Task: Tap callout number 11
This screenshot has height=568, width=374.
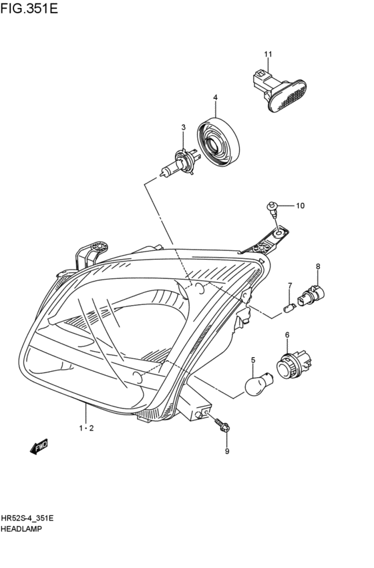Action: coord(268,54)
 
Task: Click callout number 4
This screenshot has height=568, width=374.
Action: coord(215,98)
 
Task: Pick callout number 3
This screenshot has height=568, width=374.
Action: coord(182,127)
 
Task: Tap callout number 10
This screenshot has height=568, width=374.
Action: coord(300,206)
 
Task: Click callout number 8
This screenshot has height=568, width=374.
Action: coord(318,266)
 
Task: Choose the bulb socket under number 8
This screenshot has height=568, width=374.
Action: coord(315,294)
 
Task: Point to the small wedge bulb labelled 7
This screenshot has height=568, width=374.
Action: coord(290,308)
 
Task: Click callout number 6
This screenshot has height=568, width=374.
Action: coord(287,335)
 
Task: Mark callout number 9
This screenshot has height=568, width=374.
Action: coord(226,452)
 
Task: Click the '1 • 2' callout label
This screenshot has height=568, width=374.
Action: coord(86,428)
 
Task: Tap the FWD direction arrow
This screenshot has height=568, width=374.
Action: coord(39,446)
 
